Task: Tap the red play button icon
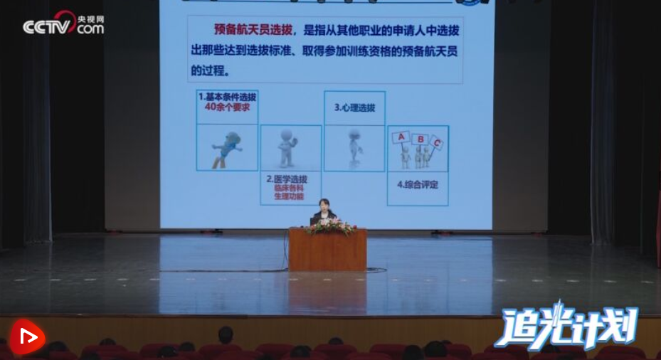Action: point(27,337)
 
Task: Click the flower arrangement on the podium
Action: point(329,228)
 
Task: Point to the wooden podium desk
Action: point(328,250)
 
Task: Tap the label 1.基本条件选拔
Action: point(227,96)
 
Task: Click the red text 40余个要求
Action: point(227,107)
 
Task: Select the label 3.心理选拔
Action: point(354,108)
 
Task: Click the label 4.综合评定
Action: point(417,184)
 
